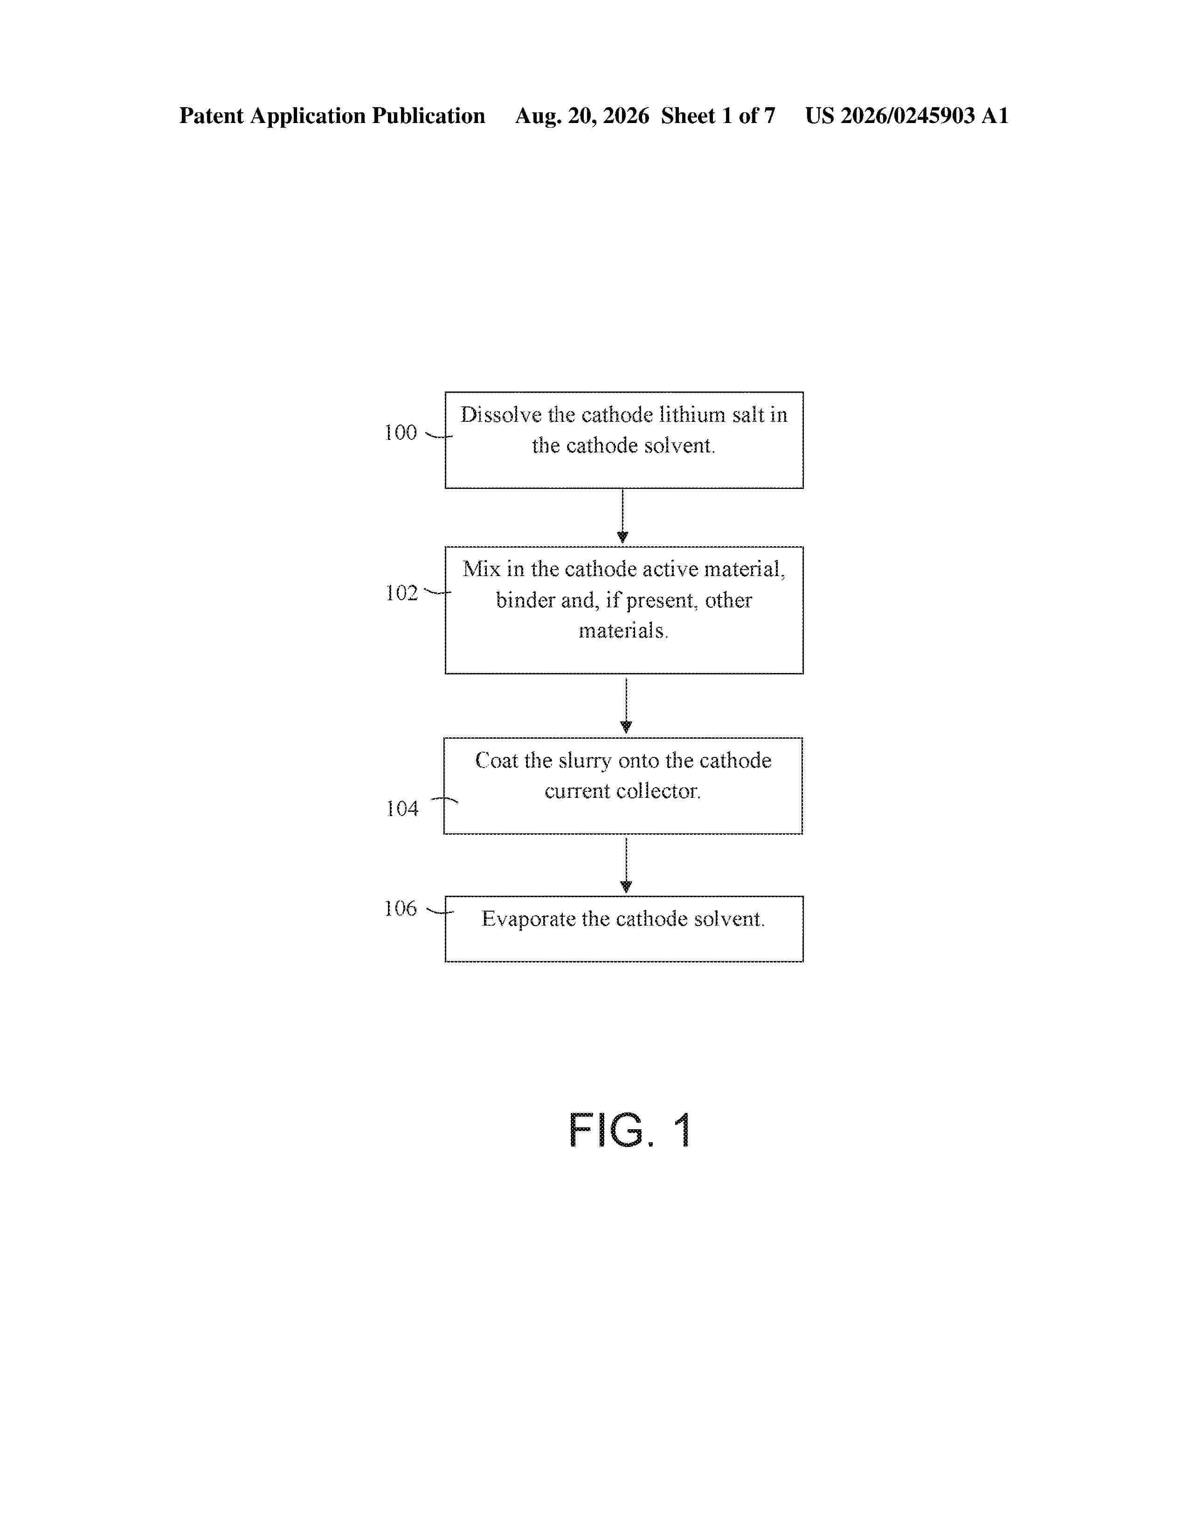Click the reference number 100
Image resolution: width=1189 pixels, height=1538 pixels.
[x=401, y=433]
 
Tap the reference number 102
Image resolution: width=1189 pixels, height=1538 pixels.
[x=401, y=593]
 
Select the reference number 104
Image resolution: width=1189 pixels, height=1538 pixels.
[x=402, y=809]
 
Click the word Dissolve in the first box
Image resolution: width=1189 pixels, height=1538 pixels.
[x=502, y=415]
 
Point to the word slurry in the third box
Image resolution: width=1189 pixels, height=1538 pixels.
[x=585, y=761]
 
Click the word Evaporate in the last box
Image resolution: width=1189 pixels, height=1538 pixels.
[x=528, y=919]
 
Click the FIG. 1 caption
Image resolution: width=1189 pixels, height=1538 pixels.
[x=630, y=1130]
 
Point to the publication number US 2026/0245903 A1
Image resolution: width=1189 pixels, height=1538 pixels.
[x=907, y=116]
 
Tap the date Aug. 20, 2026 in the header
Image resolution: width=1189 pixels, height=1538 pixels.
[x=582, y=116]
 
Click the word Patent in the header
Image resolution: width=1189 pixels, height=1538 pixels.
[x=211, y=116]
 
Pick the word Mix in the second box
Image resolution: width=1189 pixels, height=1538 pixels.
[x=481, y=569]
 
